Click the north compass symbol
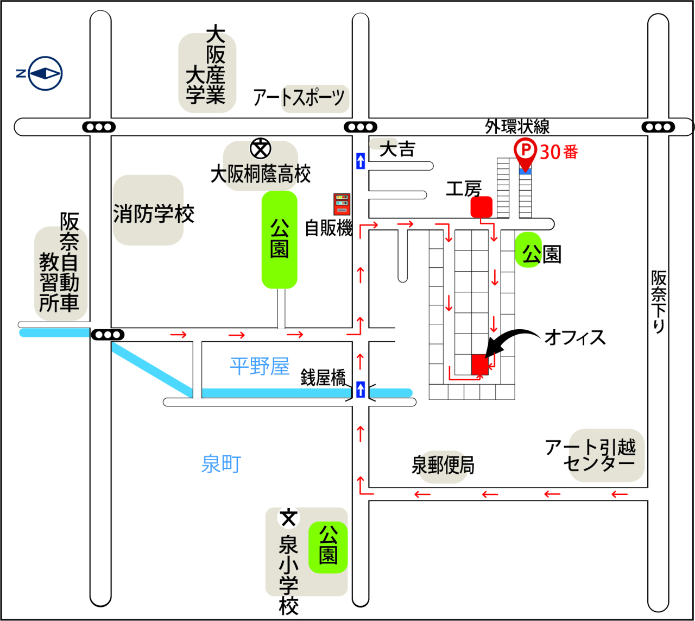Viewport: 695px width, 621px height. pyautogui.click(x=45, y=73)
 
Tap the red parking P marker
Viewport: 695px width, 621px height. pyautogui.click(x=525, y=149)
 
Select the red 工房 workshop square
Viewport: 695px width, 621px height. pyautogui.click(x=481, y=207)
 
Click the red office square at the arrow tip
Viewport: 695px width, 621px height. pyautogui.click(x=480, y=364)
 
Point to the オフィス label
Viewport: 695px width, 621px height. pyautogui.click(x=575, y=337)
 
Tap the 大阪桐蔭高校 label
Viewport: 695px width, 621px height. pyautogui.click(x=261, y=174)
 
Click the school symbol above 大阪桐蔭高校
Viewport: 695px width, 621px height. pyautogui.click(x=261, y=148)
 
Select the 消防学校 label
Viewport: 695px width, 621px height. pyautogui.click(x=154, y=214)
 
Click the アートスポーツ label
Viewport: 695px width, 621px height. pyautogui.click(x=299, y=98)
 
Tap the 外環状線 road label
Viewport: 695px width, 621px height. pyautogui.click(x=517, y=127)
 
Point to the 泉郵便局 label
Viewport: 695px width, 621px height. pyautogui.click(x=443, y=466)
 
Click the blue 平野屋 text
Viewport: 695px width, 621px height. pyautogui.click(x=260, y=366)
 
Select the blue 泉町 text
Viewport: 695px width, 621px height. pyautogui.click(x=221, y=464)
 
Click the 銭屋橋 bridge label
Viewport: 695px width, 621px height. pyautogui.click(x=323, y=377)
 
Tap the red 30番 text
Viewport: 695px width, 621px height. pyautogui.click(x=559, y=152)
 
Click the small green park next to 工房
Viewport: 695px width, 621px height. pyautogui.click(x=528, y=250)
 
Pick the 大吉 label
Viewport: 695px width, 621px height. pyautogui.click(x=397, y=149)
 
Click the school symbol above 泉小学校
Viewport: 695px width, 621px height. pyautogui.click(x=288, y=518)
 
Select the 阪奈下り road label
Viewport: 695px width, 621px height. pyautogui.click(x=659, y=302)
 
